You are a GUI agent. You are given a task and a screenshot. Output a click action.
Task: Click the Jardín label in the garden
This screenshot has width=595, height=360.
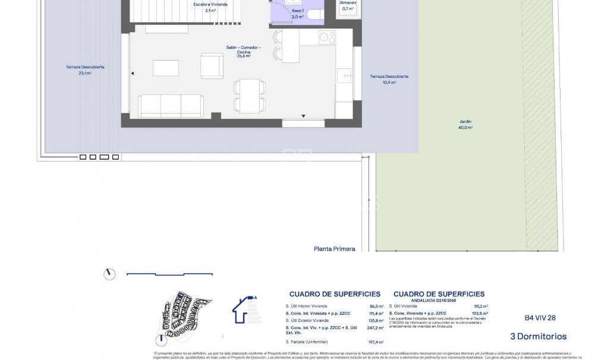click(465, 125)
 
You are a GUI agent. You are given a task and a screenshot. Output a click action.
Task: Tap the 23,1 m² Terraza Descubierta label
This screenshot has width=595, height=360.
click(85, 70)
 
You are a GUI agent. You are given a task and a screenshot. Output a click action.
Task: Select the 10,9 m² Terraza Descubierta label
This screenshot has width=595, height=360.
click(389, 80)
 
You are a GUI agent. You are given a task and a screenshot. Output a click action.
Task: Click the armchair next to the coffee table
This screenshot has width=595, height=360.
click(212, 66)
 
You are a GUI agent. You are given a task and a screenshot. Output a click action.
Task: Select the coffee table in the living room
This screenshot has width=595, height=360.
click(166, 68)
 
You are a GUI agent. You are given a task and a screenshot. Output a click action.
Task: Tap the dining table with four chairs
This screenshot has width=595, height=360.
click(250, 95)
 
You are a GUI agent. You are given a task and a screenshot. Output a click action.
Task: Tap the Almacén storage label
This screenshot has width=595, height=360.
click(348, 6)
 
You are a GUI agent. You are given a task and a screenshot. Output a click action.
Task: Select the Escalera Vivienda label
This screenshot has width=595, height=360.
click(210, 7)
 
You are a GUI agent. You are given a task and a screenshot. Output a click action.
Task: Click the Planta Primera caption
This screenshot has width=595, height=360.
click(334, 249)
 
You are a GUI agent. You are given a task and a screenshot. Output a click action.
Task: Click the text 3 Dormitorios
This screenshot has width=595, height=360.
click(539, 337)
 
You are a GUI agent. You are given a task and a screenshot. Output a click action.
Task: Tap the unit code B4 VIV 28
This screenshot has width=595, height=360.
click(540, 318)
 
